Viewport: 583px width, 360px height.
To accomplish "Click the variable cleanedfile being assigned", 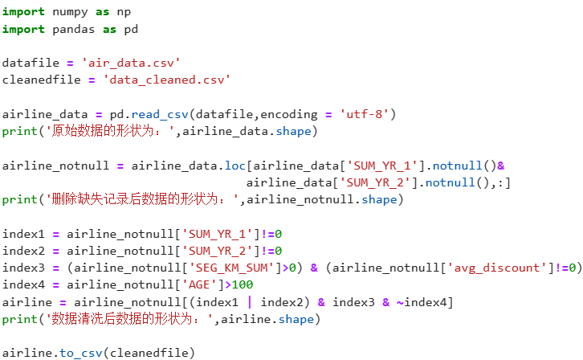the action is click(37, 80).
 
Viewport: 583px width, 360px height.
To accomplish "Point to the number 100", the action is click(243, 284).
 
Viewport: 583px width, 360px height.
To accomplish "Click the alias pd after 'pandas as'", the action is click(131, 29).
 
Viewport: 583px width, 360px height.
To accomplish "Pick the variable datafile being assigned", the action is click(27, 63).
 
